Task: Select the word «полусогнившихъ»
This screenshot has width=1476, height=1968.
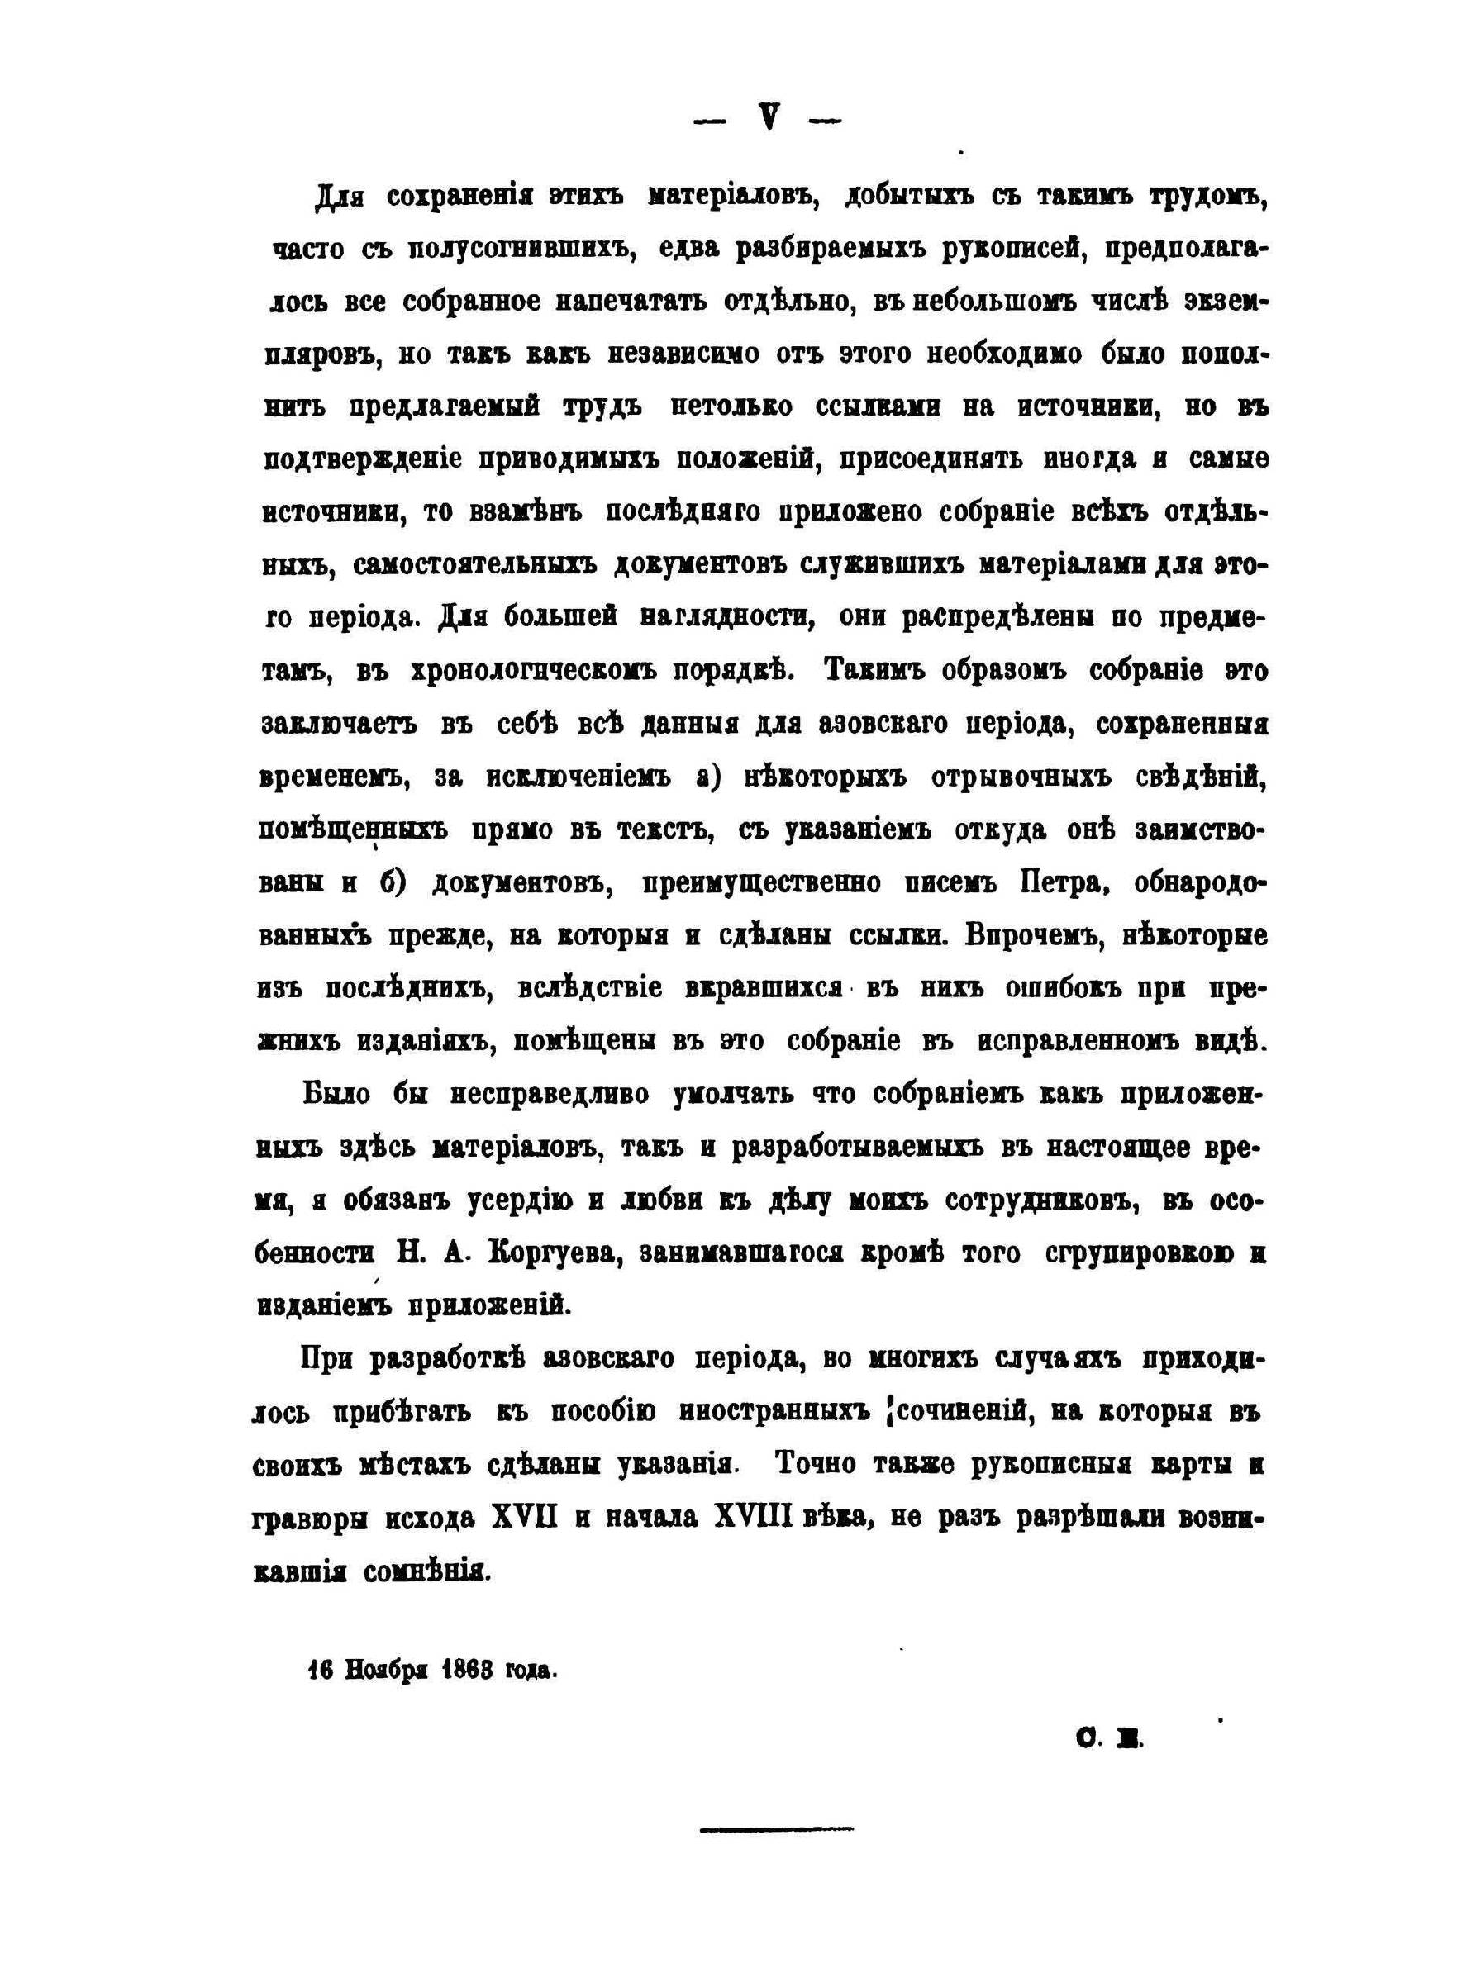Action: click(520, 250)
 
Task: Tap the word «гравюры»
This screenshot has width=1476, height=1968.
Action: click(310, 1517)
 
